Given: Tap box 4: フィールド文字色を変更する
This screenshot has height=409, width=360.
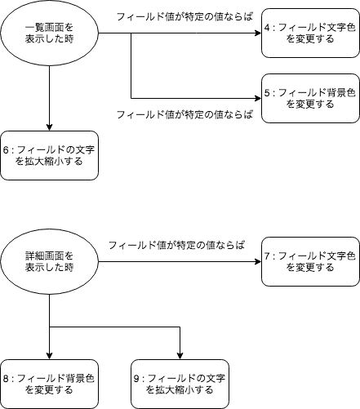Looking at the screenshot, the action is (x=310, y=33).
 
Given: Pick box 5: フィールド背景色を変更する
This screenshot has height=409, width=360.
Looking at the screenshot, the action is (x=310, y=98).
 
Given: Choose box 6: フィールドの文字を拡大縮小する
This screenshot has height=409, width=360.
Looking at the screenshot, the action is (x=49, y=155).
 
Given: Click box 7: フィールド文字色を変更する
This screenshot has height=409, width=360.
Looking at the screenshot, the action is (x=310, y=261).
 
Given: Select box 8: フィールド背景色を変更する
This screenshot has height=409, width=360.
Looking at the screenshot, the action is (x=49, y=384).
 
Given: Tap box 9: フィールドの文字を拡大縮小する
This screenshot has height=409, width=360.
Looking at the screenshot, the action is (x=180, y=384).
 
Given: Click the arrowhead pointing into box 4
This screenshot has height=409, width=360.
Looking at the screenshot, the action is (x=258, y=33).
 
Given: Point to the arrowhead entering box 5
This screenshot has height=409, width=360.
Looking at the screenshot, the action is (x=258, y=98).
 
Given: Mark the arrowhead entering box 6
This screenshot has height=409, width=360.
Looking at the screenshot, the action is (x=49, y=127).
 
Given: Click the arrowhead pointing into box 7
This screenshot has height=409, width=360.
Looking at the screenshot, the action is (x=258, y=261).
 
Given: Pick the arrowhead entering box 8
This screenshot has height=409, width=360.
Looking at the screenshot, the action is (x=49, y=356).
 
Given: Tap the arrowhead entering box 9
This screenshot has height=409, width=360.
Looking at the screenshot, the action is (x=180, y=356).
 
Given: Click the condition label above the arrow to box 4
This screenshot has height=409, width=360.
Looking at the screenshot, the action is (x=184, y=17).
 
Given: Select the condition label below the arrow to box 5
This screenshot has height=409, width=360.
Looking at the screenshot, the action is (x=184, y=114).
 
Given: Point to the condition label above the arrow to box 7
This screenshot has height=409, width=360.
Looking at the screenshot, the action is (x=176, y=245).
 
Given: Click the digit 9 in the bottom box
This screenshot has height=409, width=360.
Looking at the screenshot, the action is (x=136, y=379).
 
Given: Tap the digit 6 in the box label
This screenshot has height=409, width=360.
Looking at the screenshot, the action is (x=6, y=150).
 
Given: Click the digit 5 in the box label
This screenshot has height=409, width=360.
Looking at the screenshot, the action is (x=267, y=93).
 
